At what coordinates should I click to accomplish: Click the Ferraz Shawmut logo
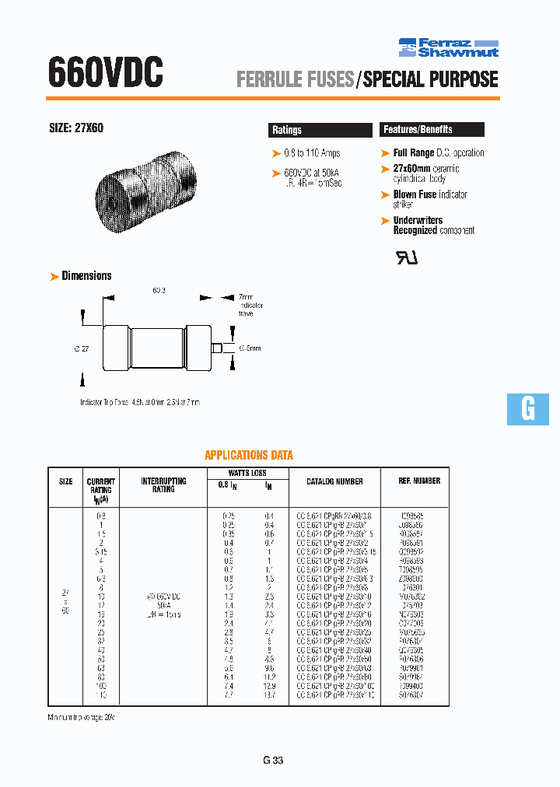click(x=448, y=47)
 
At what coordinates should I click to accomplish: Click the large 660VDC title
click(x=106, y=73)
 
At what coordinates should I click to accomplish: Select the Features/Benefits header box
click(x=432, y=129)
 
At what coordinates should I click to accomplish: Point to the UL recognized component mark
click(x=408, y=258)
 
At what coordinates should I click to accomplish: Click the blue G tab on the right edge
click(x=528, y=408)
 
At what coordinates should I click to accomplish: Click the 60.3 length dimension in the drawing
click(x=159, y=290)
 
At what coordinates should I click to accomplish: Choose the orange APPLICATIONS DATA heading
click(x=249, y=455)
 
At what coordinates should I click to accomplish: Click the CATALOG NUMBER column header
click(x=334, y=481)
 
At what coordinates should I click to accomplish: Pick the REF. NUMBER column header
click(x=419, y=481)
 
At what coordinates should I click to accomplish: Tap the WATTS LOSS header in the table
click(x=247, y=472)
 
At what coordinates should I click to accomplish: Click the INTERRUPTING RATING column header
click(x=163, y=485)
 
